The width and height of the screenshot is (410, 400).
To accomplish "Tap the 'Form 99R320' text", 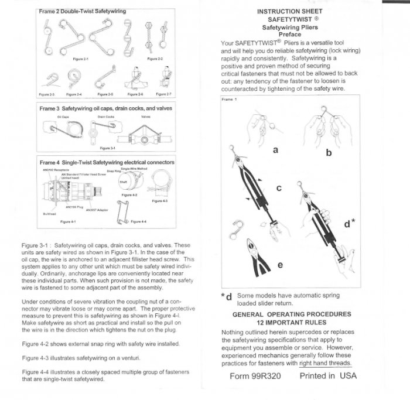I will [257, 376].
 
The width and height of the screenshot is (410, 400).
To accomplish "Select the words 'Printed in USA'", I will [328, 376].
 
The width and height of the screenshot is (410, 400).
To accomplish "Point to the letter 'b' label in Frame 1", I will [329, 152].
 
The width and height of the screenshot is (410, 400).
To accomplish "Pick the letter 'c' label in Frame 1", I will [279, 188].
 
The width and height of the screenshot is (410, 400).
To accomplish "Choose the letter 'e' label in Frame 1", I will [280, 264].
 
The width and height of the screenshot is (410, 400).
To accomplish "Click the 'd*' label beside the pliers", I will [350, 223].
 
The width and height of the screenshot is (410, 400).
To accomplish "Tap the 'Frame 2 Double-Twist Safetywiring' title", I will [82, 11].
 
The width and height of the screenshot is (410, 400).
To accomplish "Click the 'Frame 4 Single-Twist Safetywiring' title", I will [106, 162].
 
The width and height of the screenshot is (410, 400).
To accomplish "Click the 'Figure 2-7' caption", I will [164, 94].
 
